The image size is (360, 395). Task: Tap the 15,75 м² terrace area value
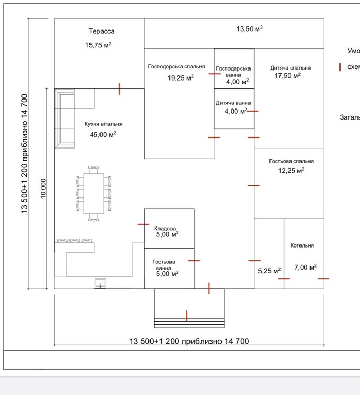(x=98, y=45)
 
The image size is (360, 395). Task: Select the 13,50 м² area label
(x=249, y=28)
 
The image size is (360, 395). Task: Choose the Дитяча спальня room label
(x=290, y=68)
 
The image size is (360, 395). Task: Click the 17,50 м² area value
(x=287, y=76)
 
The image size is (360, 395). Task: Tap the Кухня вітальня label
(x=103, y=124)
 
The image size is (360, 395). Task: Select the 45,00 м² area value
(x=103, y=135)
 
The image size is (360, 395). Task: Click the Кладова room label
(x=165, y=229)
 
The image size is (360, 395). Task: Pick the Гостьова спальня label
(x=291, y=162)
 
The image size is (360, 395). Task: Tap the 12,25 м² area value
(x=291, y=171)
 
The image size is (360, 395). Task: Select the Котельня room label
(x=302, y=246)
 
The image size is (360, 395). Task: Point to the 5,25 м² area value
(x=269, y=271)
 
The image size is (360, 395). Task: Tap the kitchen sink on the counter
(x=99, y=283)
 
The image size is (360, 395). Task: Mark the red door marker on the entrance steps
(x=187, y=316)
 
